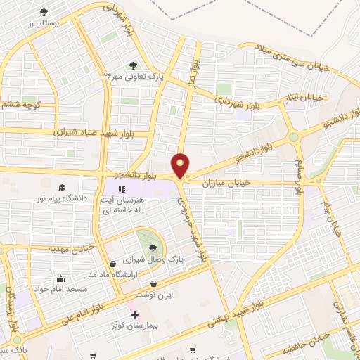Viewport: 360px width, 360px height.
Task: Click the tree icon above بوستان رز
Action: coord(44,12)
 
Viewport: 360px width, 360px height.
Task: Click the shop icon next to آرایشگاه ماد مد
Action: coord(113,264)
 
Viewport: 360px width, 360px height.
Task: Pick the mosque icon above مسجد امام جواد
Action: coord(61,278)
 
